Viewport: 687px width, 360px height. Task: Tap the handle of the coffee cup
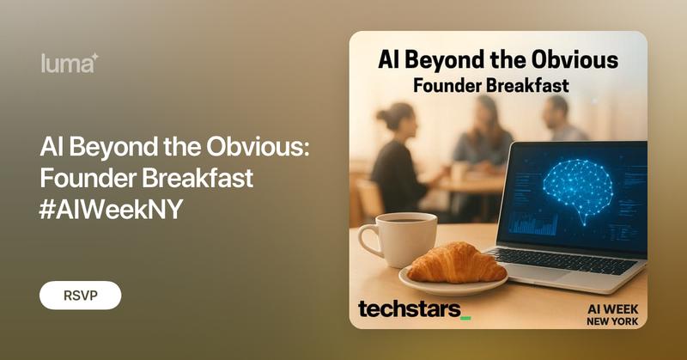[368, 241]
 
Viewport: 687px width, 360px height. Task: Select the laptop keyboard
[567, 257]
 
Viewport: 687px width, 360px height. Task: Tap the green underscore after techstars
[465, 316]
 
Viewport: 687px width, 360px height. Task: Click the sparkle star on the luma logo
[95, 57]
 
